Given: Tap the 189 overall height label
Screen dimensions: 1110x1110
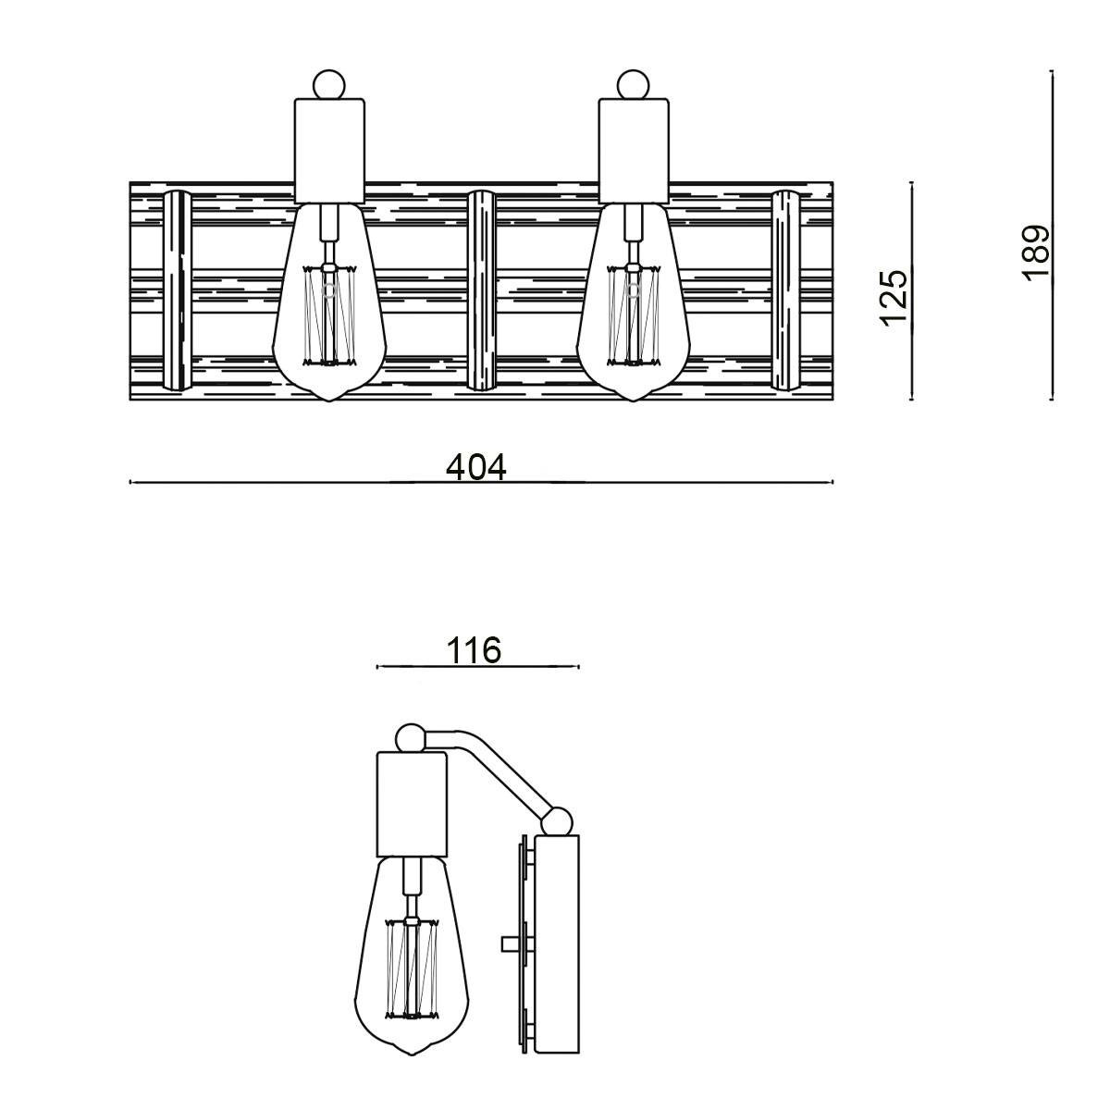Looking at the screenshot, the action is [x=1036, y=253].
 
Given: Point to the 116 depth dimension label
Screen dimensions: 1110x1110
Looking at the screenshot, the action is [x=475, y=651].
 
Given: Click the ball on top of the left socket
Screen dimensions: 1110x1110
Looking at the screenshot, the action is [x=329, y=85].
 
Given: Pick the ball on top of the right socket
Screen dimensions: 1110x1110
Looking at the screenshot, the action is [x=634, y=85].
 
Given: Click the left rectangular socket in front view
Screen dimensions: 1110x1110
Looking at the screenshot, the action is [x=329, y=152].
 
